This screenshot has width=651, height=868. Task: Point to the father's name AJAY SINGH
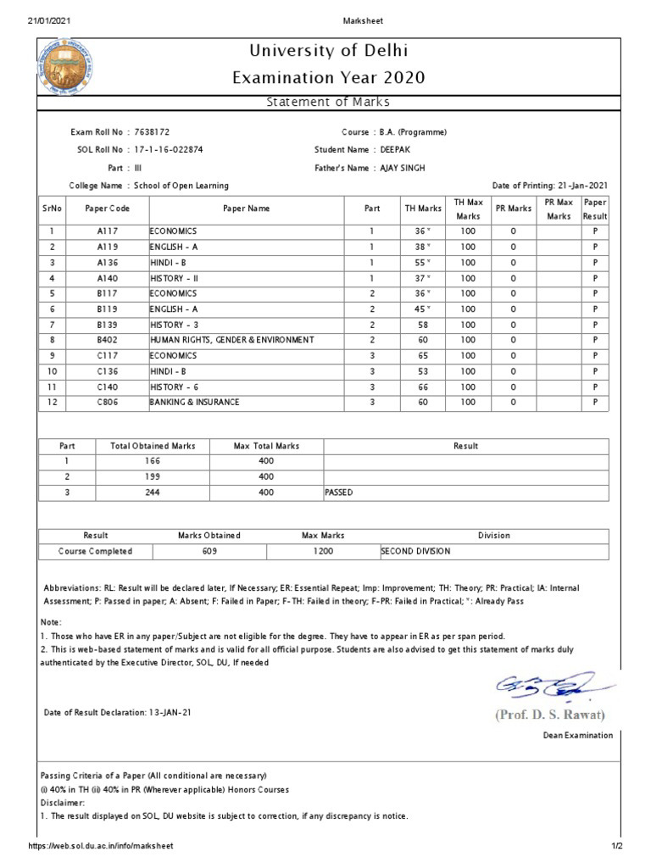pyautogui.click(x=403, y=168)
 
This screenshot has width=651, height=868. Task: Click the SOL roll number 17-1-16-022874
pyautogui.click(x=170, y=150)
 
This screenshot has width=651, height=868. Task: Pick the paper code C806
pyautogui.click(x=107, y=402)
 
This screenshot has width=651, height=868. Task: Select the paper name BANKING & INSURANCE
pyautogui.click(x=194, y=402)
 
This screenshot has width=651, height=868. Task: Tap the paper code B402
pyautogui.click(x=107, y=340)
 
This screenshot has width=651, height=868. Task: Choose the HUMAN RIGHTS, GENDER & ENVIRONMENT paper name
pyautogui.click(x=232, y=340)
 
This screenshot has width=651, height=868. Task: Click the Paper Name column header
pyautogui.click(x=246, y=209)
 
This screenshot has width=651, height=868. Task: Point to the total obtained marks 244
pyautogui.click(x=153, y=492)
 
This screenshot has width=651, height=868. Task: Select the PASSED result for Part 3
pyautogui.click(x=339, y=492)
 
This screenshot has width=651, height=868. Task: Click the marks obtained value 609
pyautogui.click(x=209, y=551)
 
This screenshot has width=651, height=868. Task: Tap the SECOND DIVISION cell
pyautogui.click(x=416, y=551)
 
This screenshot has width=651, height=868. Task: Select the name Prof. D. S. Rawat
pyautogui.click(x=550, y=715)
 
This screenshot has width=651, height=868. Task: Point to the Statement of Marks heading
pyautogui.click(x=328, y=103)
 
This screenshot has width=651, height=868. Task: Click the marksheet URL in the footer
pyautogui.click(x=101, y=846)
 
